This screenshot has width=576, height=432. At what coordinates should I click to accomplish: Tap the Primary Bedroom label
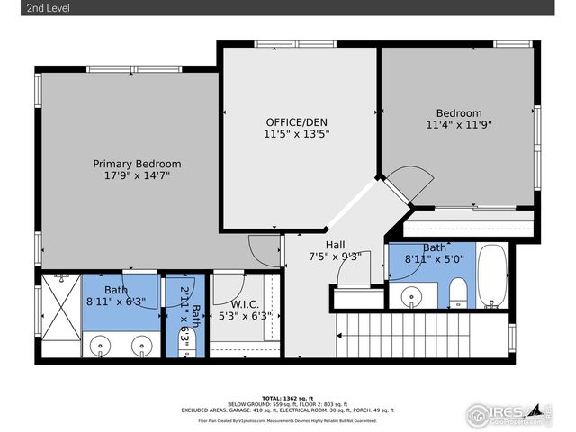coord(137,165)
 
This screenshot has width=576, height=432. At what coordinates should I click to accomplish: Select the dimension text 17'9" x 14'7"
coord(137,177)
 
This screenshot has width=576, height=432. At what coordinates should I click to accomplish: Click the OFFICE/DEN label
coord(296,121)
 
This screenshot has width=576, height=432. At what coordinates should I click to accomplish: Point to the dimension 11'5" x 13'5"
coord(296,134)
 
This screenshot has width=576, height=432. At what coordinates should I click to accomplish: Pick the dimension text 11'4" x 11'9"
coord(459,126)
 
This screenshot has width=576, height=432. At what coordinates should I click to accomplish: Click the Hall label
coord(335,244)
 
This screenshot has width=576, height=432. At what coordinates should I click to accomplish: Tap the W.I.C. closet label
coord(245,303)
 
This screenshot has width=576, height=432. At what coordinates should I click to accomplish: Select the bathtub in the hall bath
coord(491,275)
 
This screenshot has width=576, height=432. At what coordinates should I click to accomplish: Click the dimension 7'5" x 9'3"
coord(335,256)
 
